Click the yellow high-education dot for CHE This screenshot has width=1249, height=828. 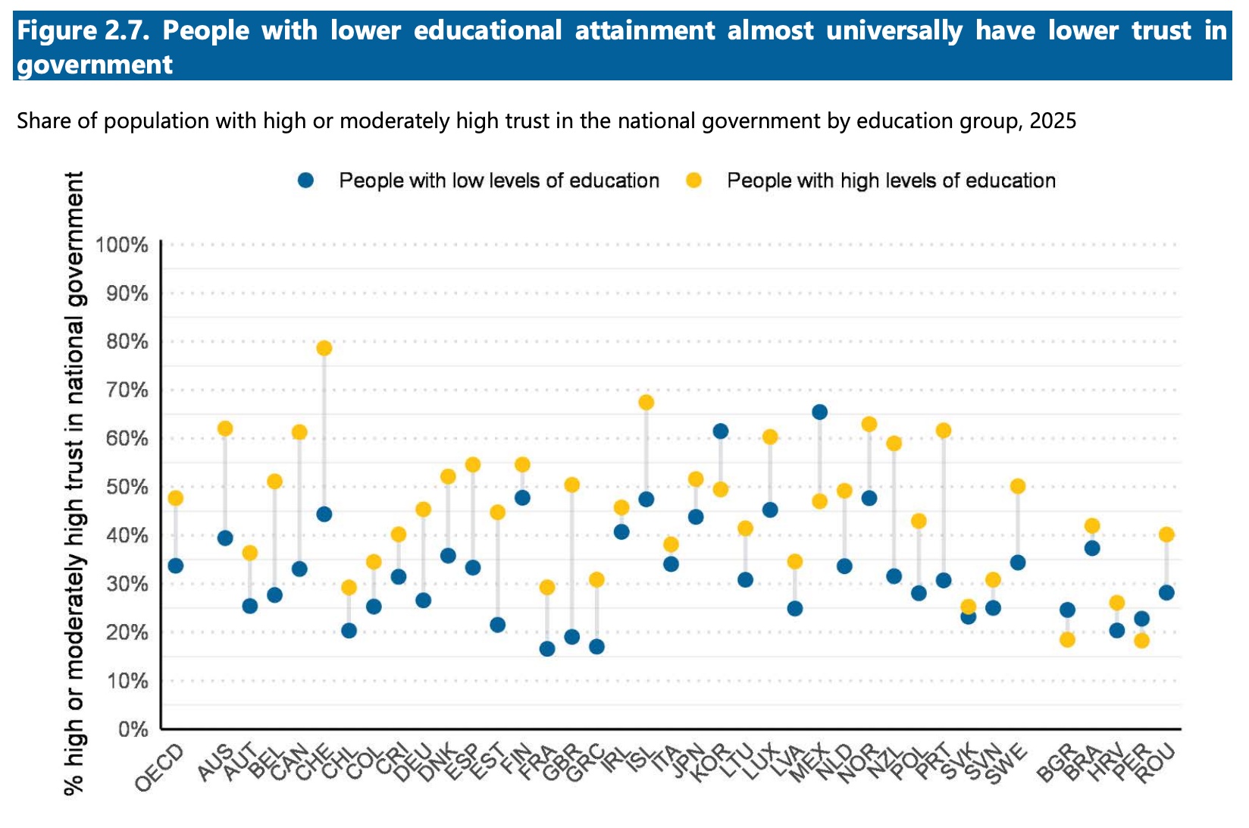click(324, 348)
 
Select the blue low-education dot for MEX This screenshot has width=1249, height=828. click(820, 412)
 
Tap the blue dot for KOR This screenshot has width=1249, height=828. click(721, 431)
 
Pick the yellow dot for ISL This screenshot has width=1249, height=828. click(646, 403)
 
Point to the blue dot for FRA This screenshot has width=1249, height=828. click(547, 649)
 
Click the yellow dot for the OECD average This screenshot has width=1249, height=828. click(176, 498)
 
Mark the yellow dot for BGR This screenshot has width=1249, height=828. click(1067, 640)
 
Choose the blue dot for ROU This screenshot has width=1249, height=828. click(1166, 592)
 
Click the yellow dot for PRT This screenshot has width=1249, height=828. click(944, 431)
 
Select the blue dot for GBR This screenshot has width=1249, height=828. click(572, 637)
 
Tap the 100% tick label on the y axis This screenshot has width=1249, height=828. click(121, 245)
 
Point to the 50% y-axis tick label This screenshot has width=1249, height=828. click(127, 487)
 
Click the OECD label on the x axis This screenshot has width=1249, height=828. click(159, 768)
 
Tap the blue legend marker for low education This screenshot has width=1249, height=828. click(305, 180)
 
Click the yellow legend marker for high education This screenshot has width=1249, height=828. click(694, 180)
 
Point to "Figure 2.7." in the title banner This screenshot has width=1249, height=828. click(83, 30)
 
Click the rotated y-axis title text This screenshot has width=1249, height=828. click(74, 483)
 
